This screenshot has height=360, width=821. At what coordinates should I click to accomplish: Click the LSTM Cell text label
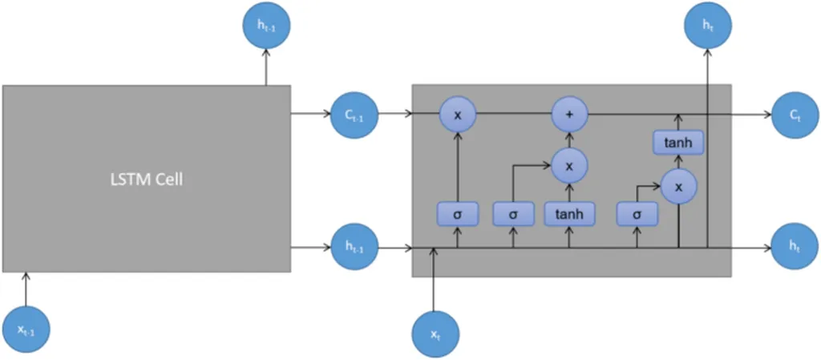coord(147,179)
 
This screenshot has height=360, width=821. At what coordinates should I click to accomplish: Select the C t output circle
coord(793,115)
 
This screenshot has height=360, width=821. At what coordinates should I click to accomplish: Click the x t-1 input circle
coord(26,329)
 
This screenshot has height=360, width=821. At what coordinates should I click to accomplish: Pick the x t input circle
coord(433,333)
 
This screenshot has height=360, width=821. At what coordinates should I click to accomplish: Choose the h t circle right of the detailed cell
coord(793,248)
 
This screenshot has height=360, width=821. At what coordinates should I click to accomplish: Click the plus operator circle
coord(569,115)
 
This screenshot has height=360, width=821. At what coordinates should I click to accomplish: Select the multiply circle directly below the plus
coord(569,166)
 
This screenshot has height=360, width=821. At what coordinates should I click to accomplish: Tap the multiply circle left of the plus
coord(458,115)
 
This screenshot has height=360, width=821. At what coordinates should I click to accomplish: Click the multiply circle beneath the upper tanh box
coord(678,186)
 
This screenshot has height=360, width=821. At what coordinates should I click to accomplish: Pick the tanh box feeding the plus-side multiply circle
coord(569,213)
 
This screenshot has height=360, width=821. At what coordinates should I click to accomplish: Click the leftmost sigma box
coord(458,214)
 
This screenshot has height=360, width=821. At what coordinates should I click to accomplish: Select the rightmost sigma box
coord(637,214)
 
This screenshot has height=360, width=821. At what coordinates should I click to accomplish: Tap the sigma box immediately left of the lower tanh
coord(514,214)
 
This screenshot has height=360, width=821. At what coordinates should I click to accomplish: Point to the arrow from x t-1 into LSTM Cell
coord(26,289)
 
